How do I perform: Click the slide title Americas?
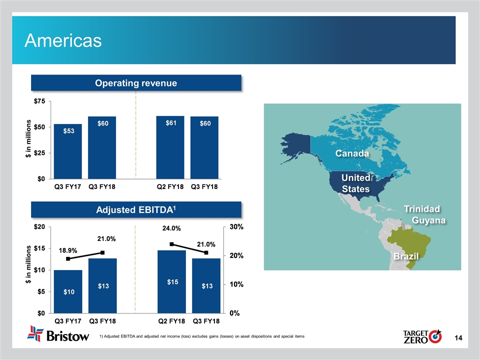click(x=63, y=40)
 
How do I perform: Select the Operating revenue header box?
click(x=136, y=83)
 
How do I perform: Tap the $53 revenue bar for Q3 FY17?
click(x=68, y=151)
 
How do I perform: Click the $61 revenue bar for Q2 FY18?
click(x=171, y=147)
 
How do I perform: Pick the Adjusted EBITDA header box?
click(x=136, y=210)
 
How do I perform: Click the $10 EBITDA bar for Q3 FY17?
click(x=68, y=291)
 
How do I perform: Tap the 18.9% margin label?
click(x=68, y=248)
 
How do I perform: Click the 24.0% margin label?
click(x=171, y=228)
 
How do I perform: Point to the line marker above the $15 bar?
click(x=171, y=244)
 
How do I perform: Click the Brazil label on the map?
click(x=405, y=256)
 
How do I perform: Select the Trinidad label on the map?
click(x=422, y=208)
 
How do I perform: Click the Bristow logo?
click(x=59, y=335)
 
